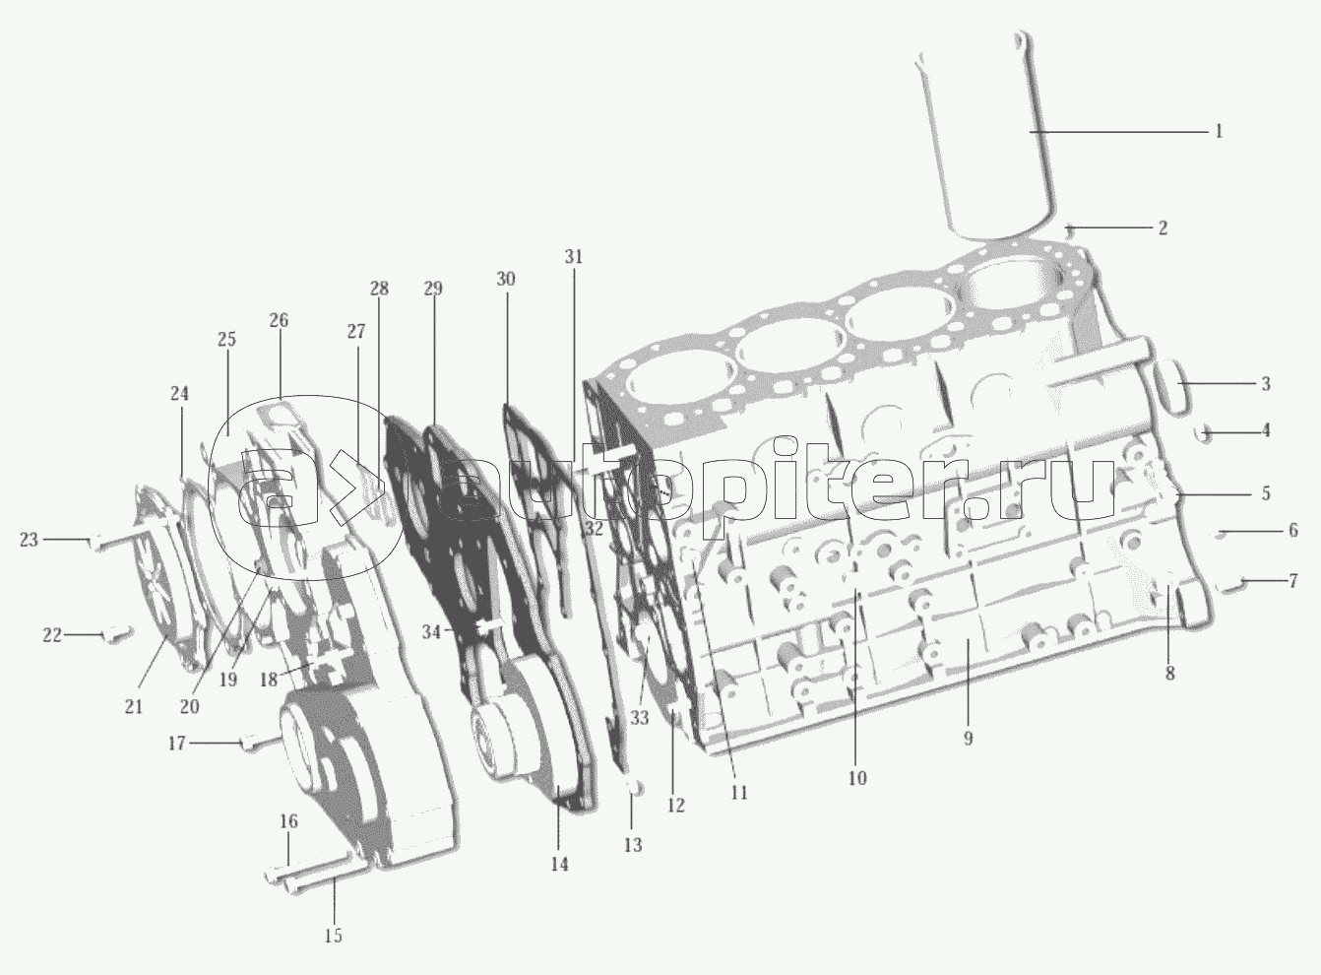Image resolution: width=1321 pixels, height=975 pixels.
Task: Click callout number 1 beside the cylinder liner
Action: (1220, 131)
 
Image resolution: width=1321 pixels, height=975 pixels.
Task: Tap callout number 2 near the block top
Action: (1163, 227)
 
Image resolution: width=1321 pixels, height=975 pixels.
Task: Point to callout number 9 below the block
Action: (968, 738)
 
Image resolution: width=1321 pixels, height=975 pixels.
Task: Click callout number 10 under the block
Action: (857, 778)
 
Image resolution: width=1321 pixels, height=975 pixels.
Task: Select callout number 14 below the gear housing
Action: (559, 864)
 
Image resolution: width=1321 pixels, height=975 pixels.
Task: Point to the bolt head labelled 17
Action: (249, 744)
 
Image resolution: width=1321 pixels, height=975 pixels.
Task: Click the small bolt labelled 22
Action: (117, 635)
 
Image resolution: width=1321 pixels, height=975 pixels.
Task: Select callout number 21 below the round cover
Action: (134, 706)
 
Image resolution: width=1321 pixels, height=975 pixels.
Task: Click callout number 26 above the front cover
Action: (279, 320)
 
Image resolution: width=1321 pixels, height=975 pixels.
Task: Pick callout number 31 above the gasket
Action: (573, 257)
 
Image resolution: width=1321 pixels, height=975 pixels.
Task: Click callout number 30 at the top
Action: (505, 279)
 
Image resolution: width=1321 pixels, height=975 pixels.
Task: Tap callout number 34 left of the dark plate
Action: (431, 632)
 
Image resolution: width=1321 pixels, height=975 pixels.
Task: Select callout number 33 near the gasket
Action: (639, 718)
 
